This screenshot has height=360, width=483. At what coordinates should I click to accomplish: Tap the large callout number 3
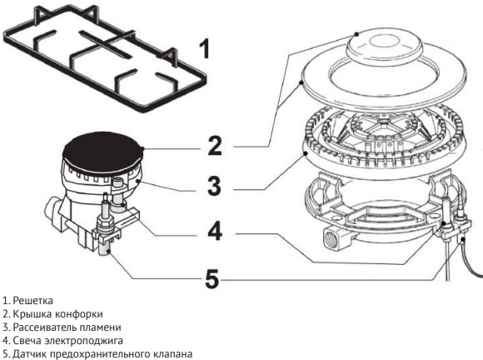214,186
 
